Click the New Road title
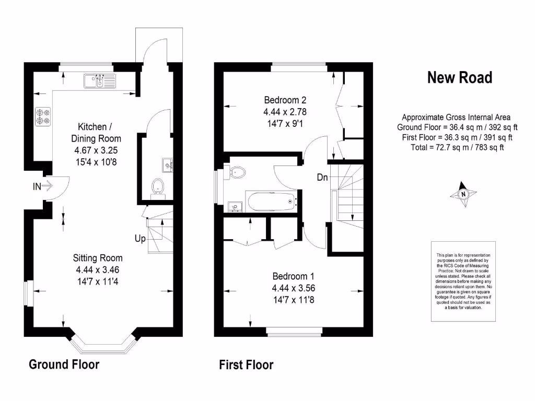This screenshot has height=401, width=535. pos(459,78)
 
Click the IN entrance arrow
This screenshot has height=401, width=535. pos(44,185)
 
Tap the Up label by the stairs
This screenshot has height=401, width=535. pos(140,239)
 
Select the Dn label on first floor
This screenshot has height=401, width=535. pos(322,177)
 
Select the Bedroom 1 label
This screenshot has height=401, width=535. pos(293,276)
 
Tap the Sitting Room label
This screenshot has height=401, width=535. pos(98,258)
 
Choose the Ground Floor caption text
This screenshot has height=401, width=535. pos(64,364)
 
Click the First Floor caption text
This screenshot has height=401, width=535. pos(246,365)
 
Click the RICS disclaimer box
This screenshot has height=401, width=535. pos(463,282)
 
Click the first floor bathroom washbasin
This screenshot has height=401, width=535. pos(234,207)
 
